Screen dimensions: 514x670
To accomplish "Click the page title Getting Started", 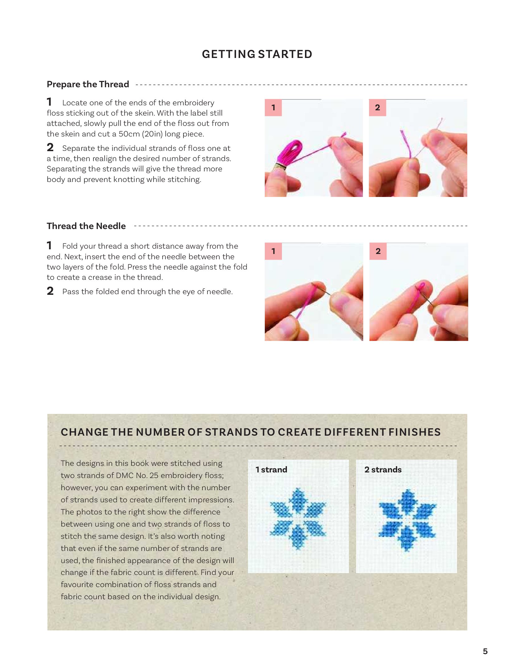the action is pos(257,54).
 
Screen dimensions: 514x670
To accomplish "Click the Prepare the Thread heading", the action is pos(88,84).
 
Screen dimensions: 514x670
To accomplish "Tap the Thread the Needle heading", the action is pos(86,226).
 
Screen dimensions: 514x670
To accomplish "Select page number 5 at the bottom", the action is pos(485,651).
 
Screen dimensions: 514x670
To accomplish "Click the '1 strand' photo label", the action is pos(271,470).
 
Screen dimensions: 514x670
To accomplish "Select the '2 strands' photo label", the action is pos(383,470).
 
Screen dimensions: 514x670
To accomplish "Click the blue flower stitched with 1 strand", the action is pos(298,518).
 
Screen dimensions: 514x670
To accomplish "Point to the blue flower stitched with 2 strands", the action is pos(407,520).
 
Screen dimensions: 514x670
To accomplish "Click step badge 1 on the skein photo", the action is pos(273,108).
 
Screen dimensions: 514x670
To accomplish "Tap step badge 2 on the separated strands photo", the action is pos(378,108).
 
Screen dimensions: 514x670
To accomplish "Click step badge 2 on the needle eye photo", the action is pos(378,251).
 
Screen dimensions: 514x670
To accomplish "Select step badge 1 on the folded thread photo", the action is pos(273,251).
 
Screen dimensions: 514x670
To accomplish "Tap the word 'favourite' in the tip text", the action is pos(77,585).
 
